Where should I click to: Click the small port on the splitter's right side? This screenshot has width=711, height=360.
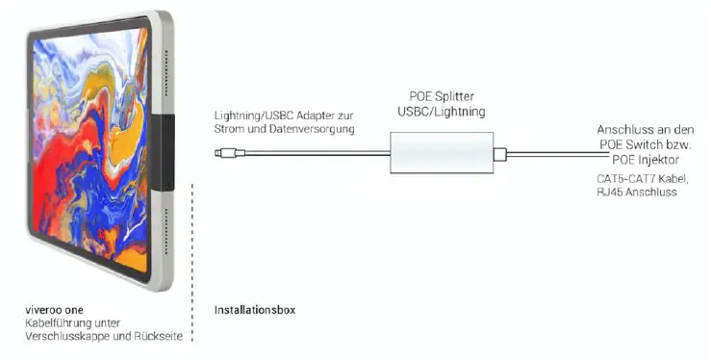pos(499,153)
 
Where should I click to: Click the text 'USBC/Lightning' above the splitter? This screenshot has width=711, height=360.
pos(441,113)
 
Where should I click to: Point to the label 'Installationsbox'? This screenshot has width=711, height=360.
pos(254,310)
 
